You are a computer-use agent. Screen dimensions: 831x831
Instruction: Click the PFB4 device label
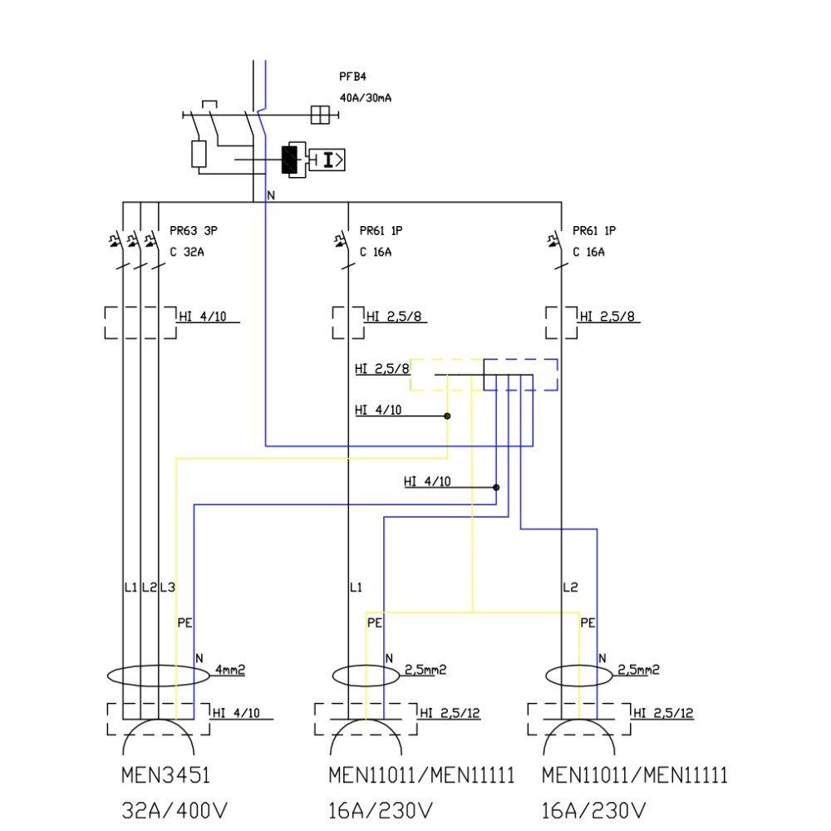352,76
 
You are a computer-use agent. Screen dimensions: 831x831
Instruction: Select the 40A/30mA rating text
365,97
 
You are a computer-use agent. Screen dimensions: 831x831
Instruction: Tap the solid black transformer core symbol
290,160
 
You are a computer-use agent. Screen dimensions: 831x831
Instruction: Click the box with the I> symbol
328,160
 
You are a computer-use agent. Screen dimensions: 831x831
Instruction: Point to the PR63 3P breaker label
193,229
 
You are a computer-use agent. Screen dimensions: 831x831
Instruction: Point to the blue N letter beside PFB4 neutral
270,196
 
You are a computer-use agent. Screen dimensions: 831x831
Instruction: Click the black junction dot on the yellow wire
447,415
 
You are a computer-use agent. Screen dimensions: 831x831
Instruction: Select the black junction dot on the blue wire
496,487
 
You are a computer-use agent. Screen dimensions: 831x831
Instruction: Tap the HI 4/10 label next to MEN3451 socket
237,711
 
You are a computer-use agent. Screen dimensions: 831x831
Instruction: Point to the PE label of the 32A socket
184,622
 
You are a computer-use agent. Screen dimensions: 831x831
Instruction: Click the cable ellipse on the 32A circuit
159,674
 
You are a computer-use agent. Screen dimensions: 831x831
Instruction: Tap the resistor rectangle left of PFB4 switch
199,154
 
